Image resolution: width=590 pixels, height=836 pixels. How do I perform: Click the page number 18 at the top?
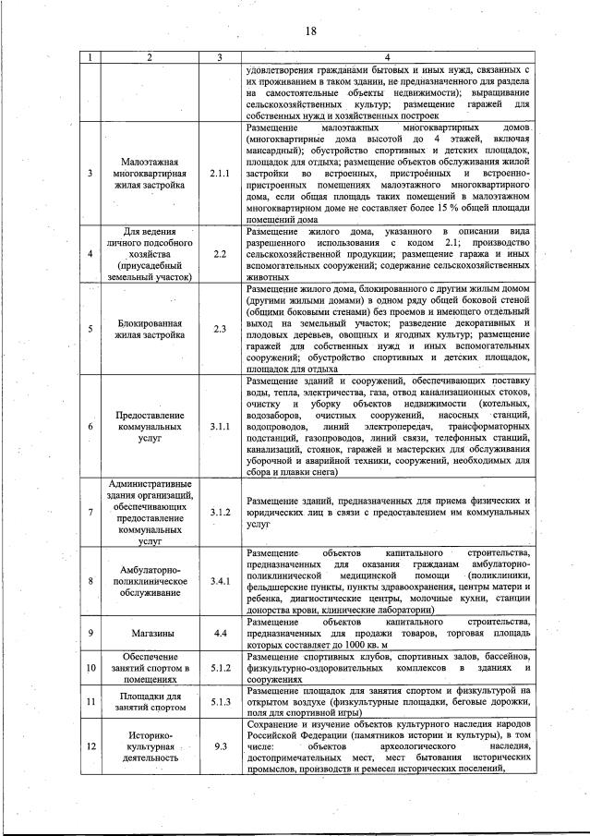coord(310,31)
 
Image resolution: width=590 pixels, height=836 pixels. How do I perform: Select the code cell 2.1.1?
coord(219,172)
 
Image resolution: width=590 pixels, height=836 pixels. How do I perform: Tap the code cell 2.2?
coord(219,252)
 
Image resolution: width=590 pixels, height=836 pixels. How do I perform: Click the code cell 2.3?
coord(219,328)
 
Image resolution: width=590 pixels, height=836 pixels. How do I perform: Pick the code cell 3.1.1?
coord(219,427)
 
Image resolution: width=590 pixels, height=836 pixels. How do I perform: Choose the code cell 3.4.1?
coord(219,581)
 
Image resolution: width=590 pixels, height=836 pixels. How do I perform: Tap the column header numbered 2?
coord(150,58)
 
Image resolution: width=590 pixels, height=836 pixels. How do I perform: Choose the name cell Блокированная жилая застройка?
coord(150,328)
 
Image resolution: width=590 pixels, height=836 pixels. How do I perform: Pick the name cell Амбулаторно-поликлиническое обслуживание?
coord(150,581)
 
